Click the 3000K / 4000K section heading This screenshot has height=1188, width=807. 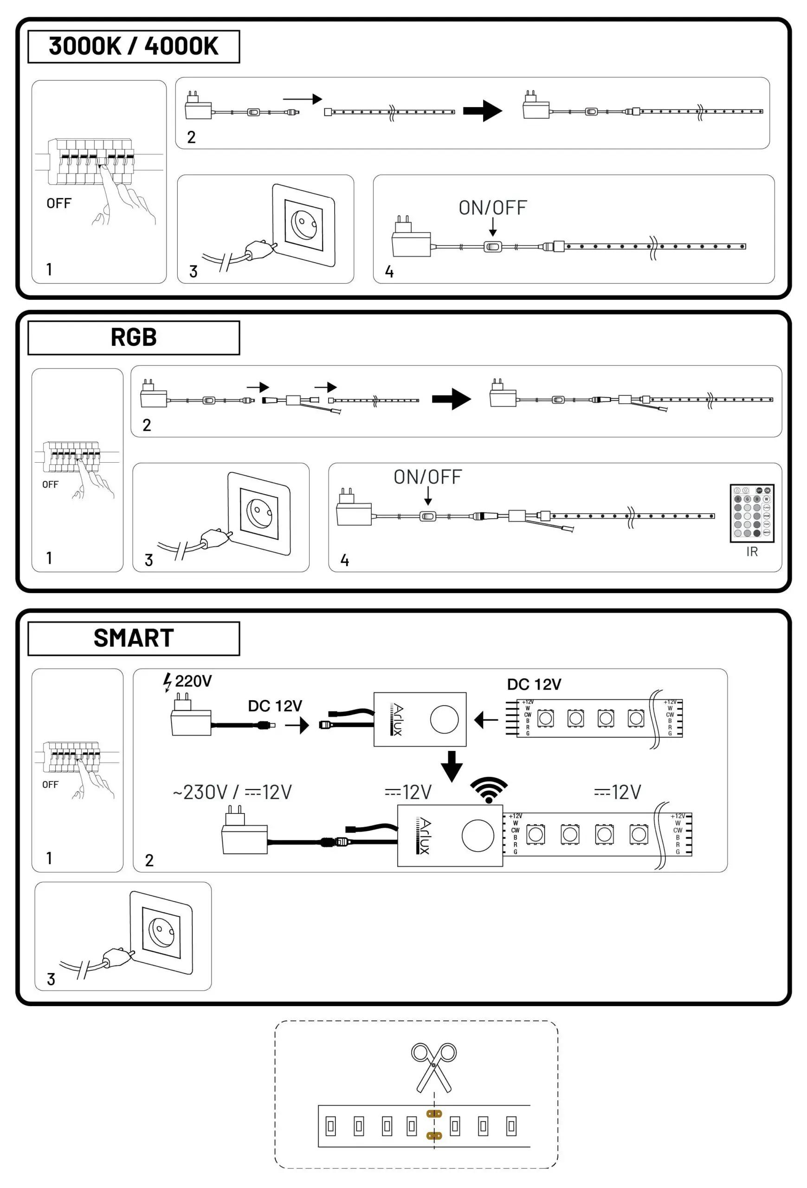[x=133, y=46]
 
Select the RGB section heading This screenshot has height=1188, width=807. [x=133, y=337]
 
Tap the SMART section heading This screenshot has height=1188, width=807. [x=133, y=638]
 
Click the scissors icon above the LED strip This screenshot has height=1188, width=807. [x=433, y=1067]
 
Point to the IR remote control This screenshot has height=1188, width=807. [x=751, y=513]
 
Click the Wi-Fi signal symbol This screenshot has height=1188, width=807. [x=489, y=790]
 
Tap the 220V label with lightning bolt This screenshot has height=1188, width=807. [x=187, y=681]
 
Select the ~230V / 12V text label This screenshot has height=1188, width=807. [x=232, y=792]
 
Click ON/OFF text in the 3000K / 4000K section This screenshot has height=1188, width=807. [x=492, y=208]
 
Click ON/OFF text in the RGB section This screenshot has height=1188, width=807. [x=427, y=477]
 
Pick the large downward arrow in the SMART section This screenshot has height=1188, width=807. [x=452, y=766]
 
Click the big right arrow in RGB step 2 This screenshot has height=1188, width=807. [x=451, y=399]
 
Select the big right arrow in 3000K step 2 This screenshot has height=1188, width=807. [x=483, y=111]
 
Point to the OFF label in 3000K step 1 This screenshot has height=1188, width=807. [x=59, y=203]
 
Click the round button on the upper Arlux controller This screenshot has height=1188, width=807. [x=444, y=719]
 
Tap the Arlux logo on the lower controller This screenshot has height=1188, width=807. [x=424, y=835]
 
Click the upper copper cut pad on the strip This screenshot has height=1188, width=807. [x=434, y=1114]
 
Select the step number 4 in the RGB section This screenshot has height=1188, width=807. [x=345, y=560]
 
